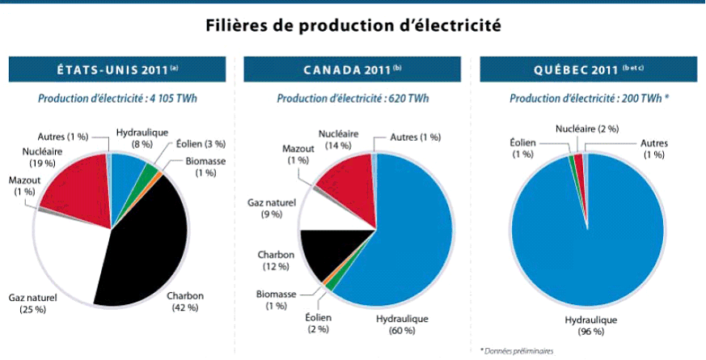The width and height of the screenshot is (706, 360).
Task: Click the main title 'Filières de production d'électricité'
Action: pyautogui.click(x=352, y=27)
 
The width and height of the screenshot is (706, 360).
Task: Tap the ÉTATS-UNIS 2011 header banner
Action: pyautogui.click(x=117, y=70)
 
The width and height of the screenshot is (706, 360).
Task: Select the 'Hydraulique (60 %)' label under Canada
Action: pyautogui.click(x=401, y=324)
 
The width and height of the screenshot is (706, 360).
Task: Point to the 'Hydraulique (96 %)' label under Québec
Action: pyautogui.click(x=589, y=324)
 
